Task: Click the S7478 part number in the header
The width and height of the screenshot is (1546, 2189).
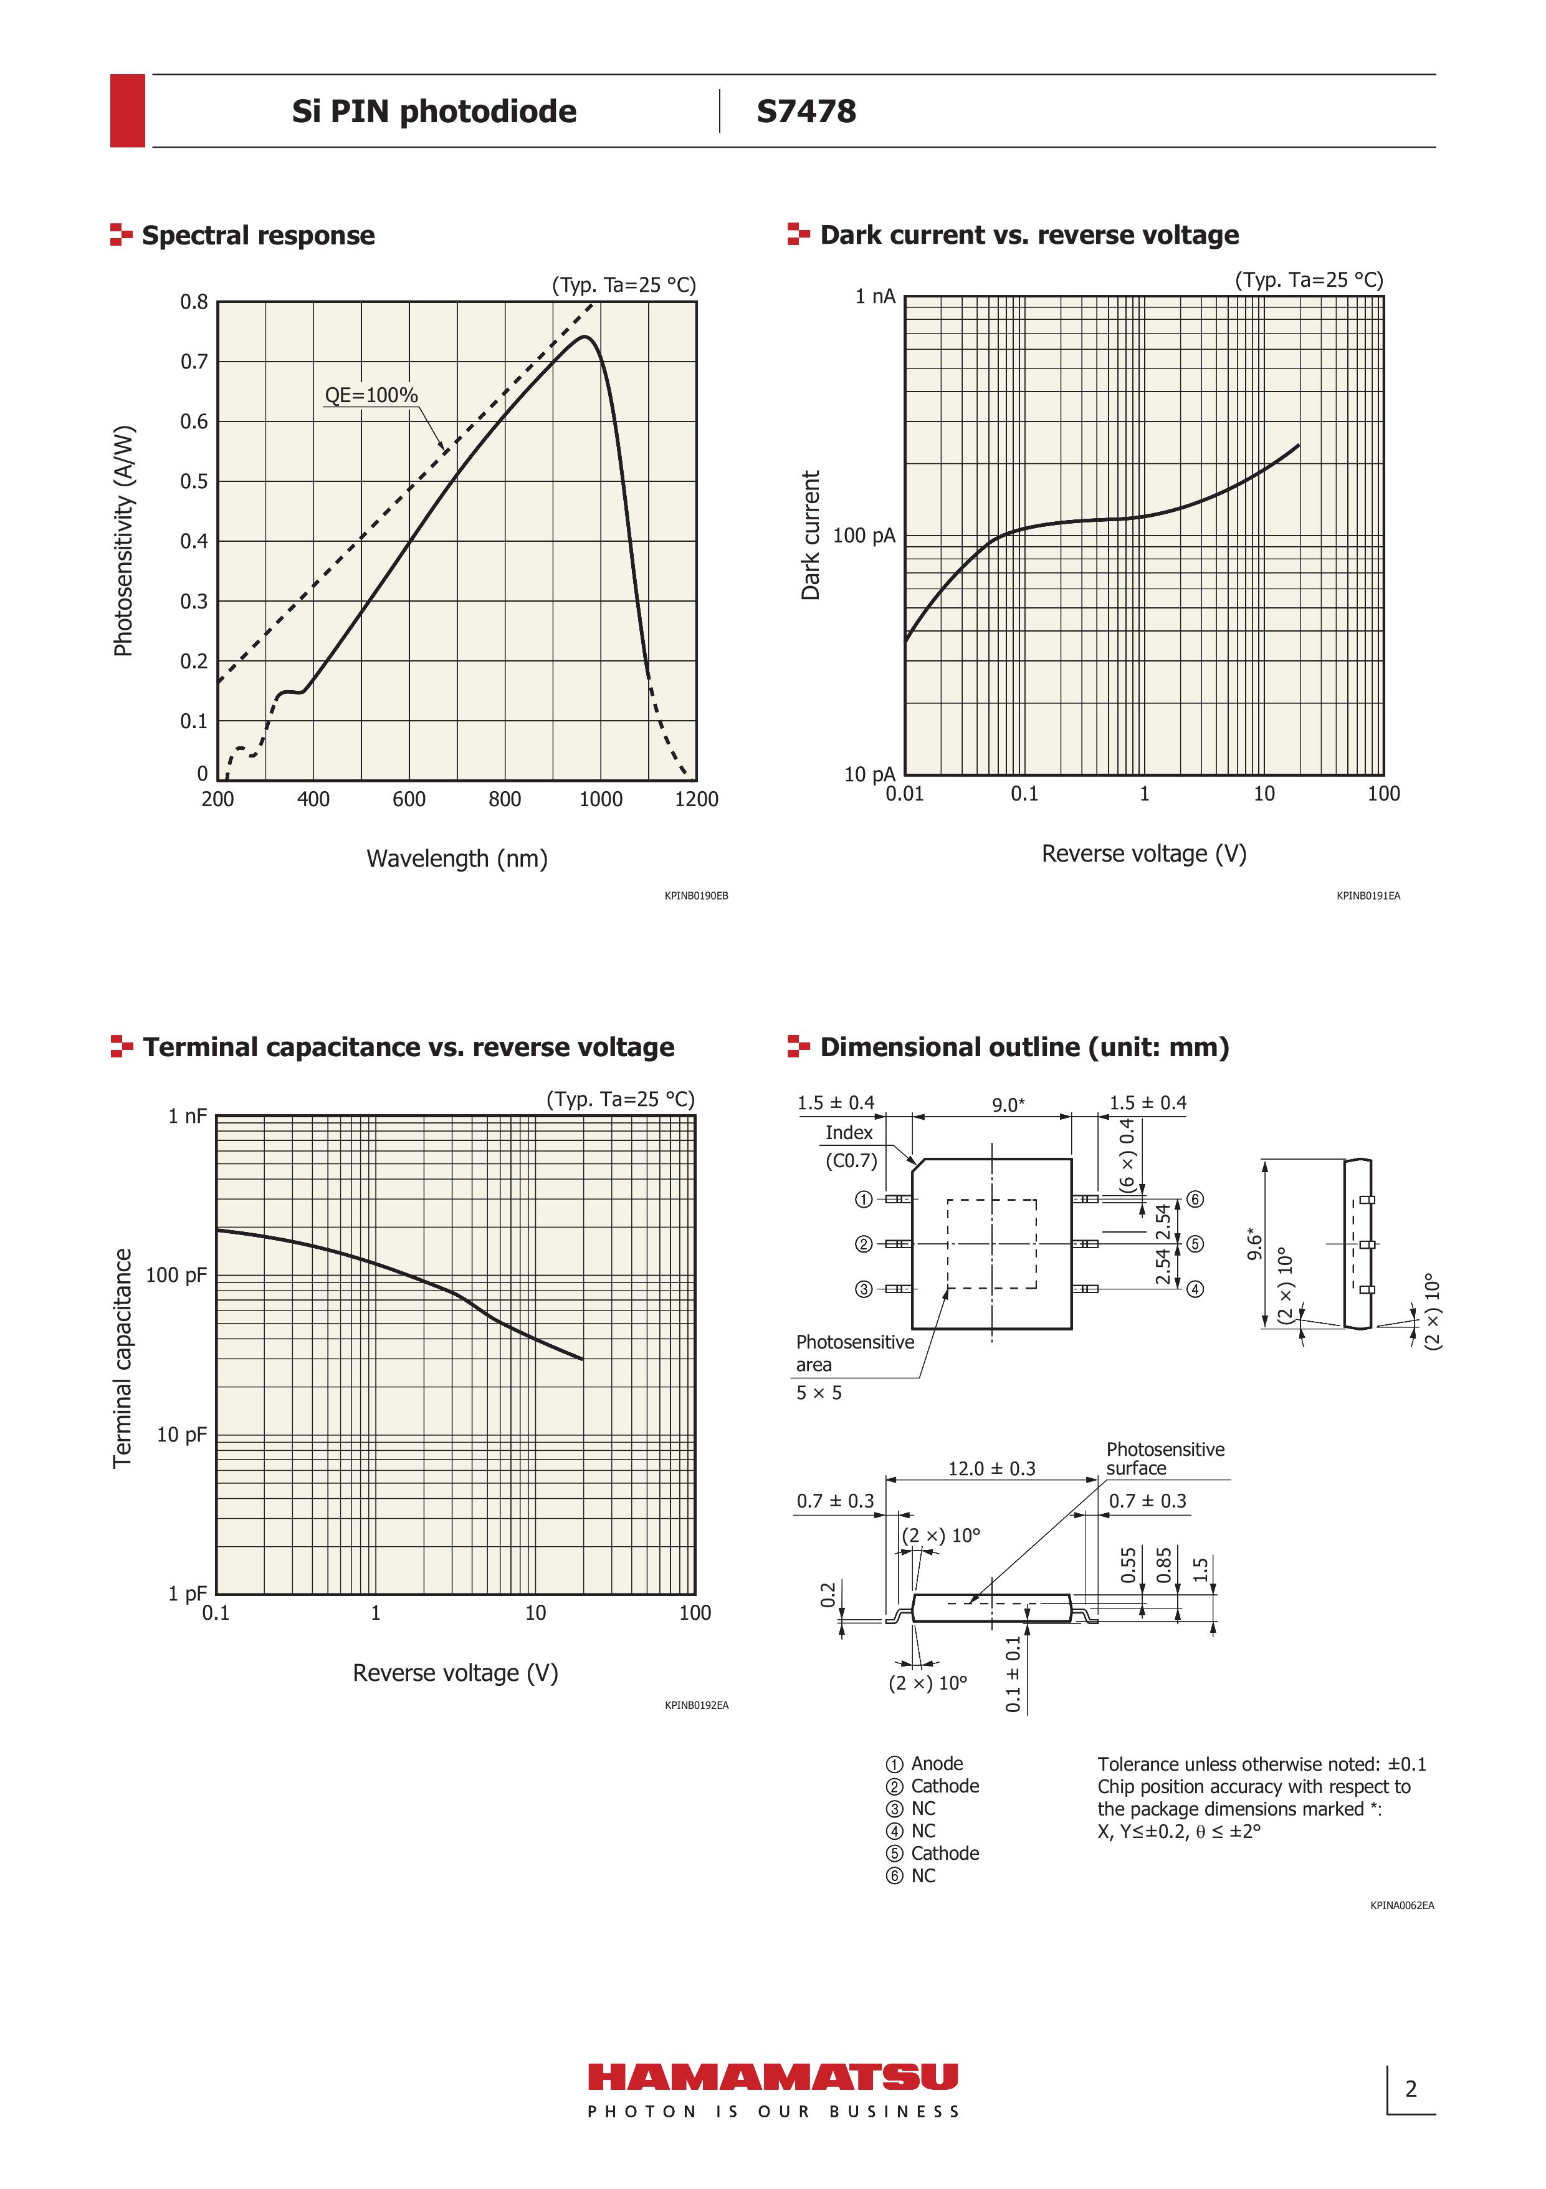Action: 806,112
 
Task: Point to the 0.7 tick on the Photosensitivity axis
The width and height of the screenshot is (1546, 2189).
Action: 194,362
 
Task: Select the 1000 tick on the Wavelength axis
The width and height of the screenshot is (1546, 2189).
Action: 601,800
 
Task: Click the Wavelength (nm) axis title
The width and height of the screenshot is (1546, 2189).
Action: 457,859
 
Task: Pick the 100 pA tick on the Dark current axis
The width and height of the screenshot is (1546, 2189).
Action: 864,536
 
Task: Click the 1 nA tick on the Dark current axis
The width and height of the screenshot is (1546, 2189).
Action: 875,297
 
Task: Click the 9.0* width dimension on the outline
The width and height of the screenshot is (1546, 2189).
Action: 1008,1105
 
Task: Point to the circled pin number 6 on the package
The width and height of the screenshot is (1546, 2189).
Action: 1195,1200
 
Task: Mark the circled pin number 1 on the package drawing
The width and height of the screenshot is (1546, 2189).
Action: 864,1200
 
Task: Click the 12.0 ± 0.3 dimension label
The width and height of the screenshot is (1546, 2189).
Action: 991,1469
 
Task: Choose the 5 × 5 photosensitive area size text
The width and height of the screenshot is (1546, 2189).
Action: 819,1393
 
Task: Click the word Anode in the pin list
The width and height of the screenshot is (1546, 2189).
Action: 937,1764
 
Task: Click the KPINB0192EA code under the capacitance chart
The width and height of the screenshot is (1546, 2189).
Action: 697,1706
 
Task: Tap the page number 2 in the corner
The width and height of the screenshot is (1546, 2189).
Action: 1411,2090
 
